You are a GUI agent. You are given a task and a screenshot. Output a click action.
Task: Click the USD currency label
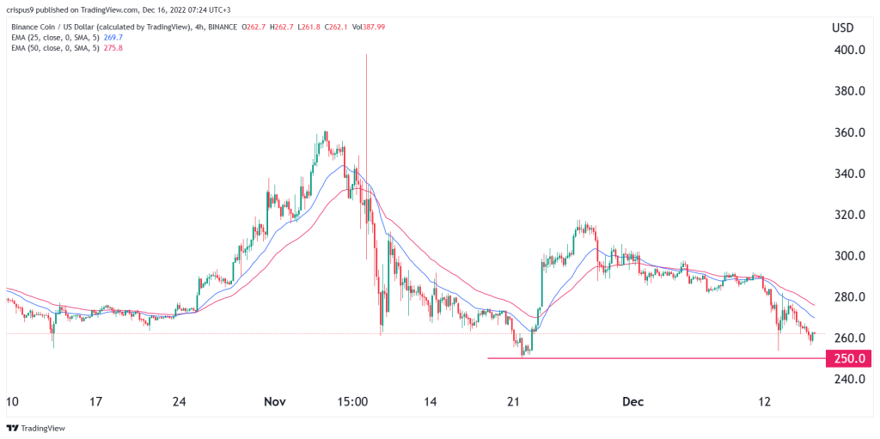pos(842,27)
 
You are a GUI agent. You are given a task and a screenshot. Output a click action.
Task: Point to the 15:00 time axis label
pos(352,400)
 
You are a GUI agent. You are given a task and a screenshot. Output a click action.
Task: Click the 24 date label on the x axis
pos(180,400)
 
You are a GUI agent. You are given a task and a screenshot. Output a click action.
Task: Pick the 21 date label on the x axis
pos(515,400)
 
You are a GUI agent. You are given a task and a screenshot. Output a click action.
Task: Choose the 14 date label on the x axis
pos(431,400)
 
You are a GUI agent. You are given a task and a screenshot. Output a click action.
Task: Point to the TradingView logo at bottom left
pos(37,428)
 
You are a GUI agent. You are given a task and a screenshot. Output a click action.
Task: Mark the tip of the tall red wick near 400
pos(367,55)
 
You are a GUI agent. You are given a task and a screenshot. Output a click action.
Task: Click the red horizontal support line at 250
pos(653,357)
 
